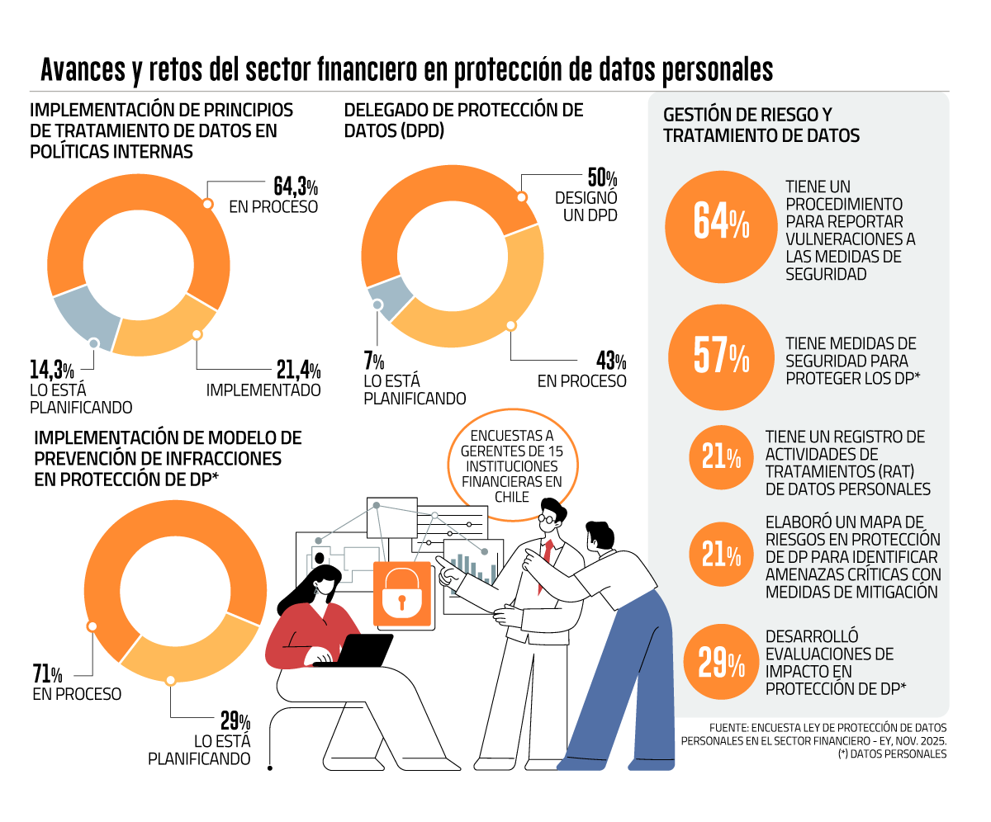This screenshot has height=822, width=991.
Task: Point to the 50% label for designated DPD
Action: (602, 179)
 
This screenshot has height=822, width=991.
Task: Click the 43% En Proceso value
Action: (611, 361)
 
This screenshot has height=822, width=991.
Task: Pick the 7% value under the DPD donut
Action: (373, 361)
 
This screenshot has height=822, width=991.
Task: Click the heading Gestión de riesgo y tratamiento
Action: (761, 125)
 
